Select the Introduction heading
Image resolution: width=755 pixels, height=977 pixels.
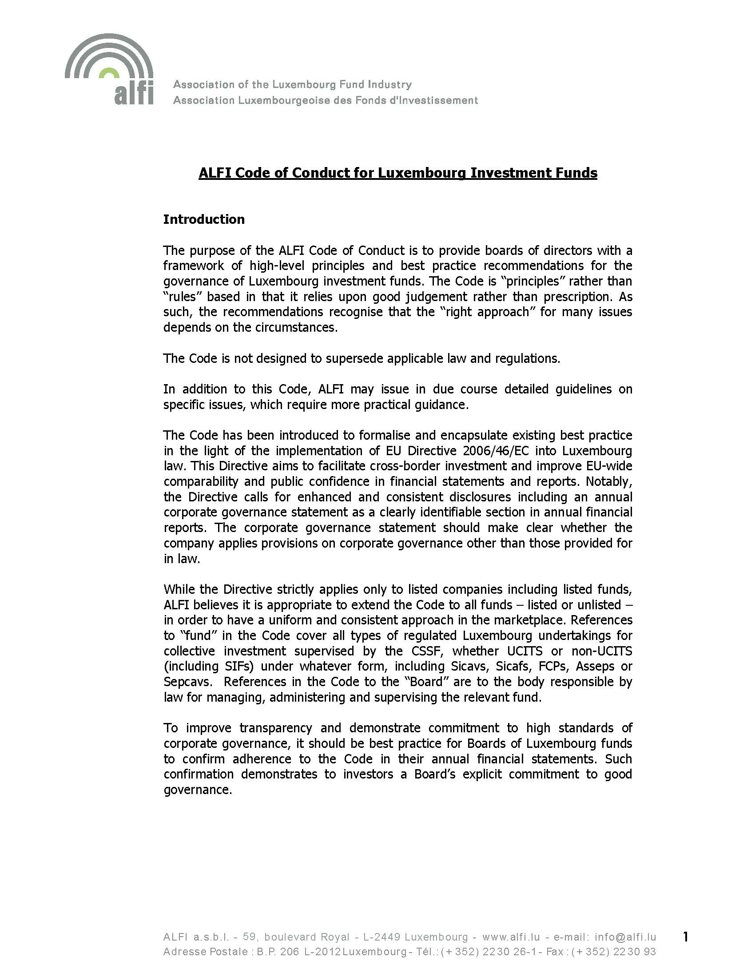[x=203, y=219]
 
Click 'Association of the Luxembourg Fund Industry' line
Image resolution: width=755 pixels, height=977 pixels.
[x=292, y=84]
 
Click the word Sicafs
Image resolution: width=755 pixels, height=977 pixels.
[x=513, y=667]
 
